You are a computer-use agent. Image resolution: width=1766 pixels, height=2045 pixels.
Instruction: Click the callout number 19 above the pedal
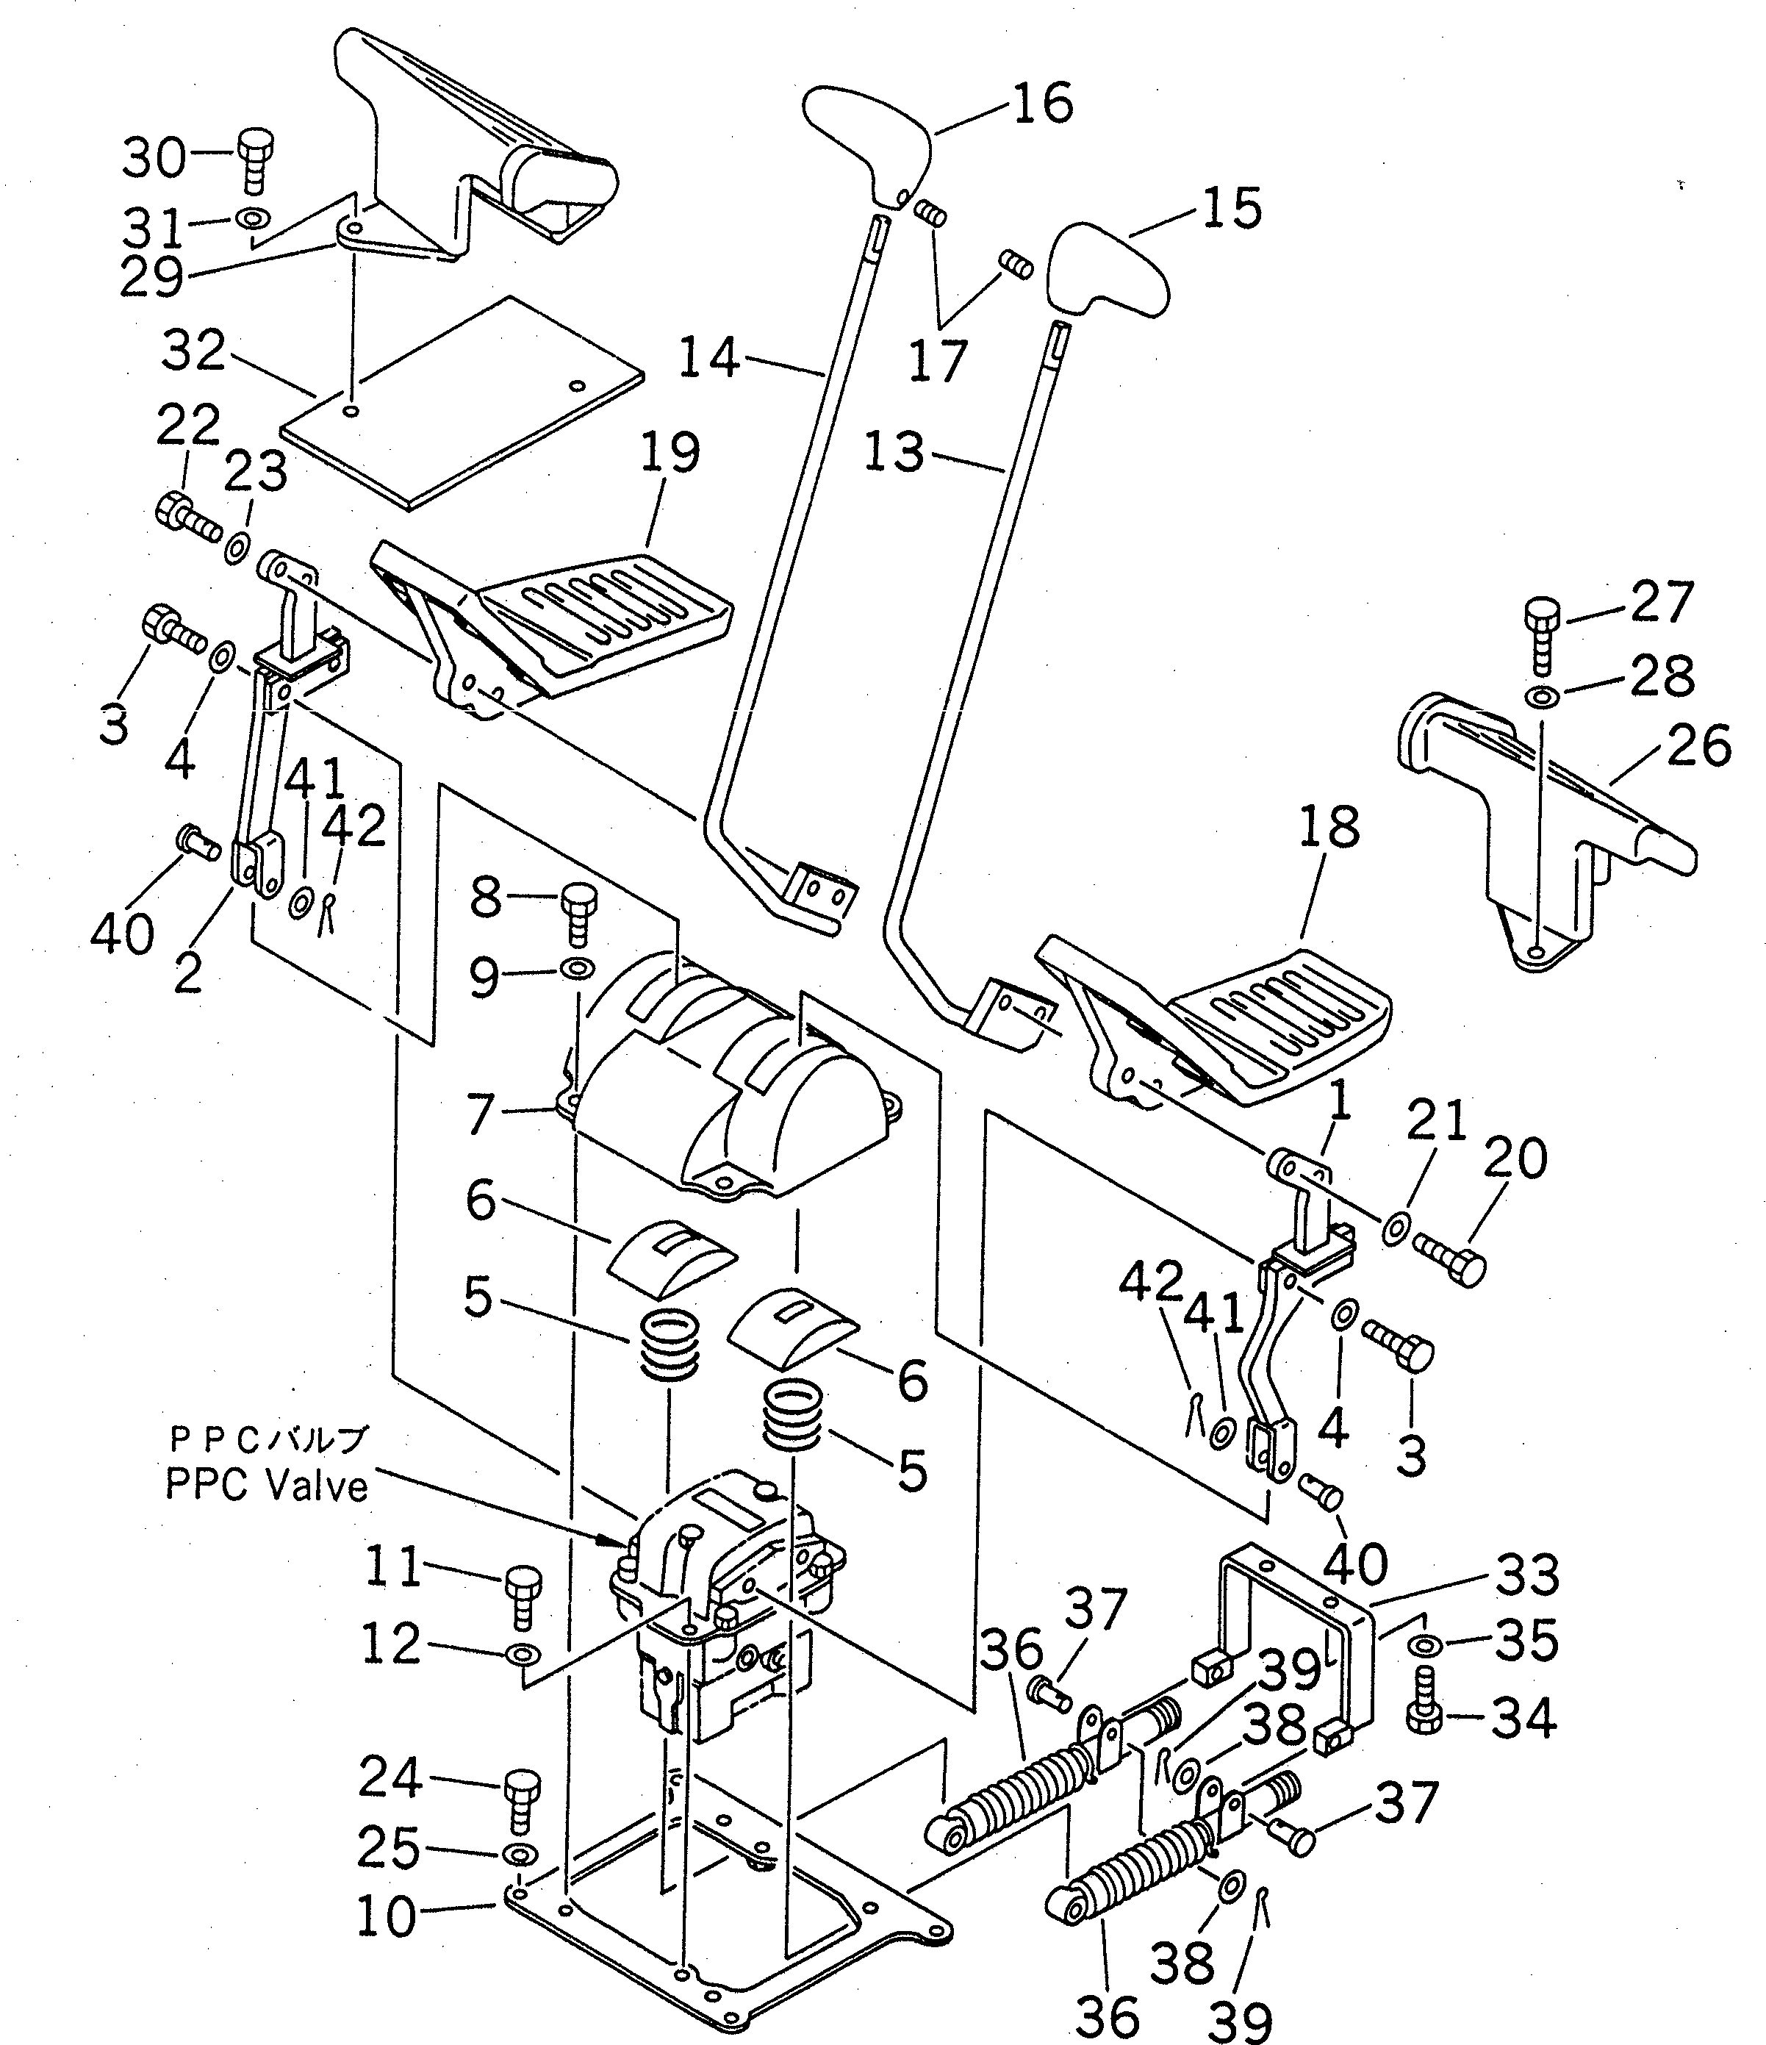[670, 453]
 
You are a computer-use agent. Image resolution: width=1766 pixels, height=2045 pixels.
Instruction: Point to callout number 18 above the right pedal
[1329, 828]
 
